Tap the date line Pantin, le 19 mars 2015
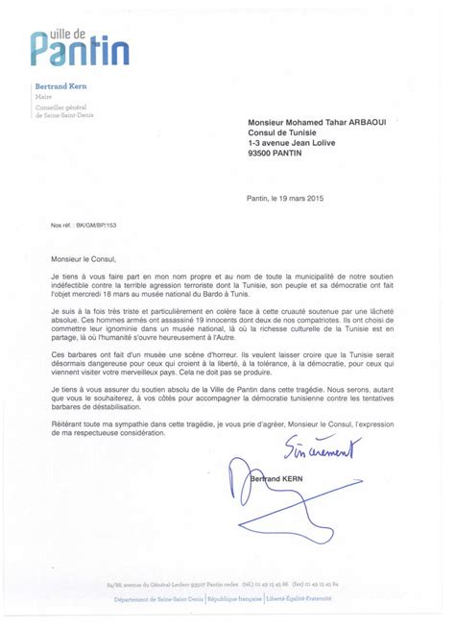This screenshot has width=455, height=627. (285, 198)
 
